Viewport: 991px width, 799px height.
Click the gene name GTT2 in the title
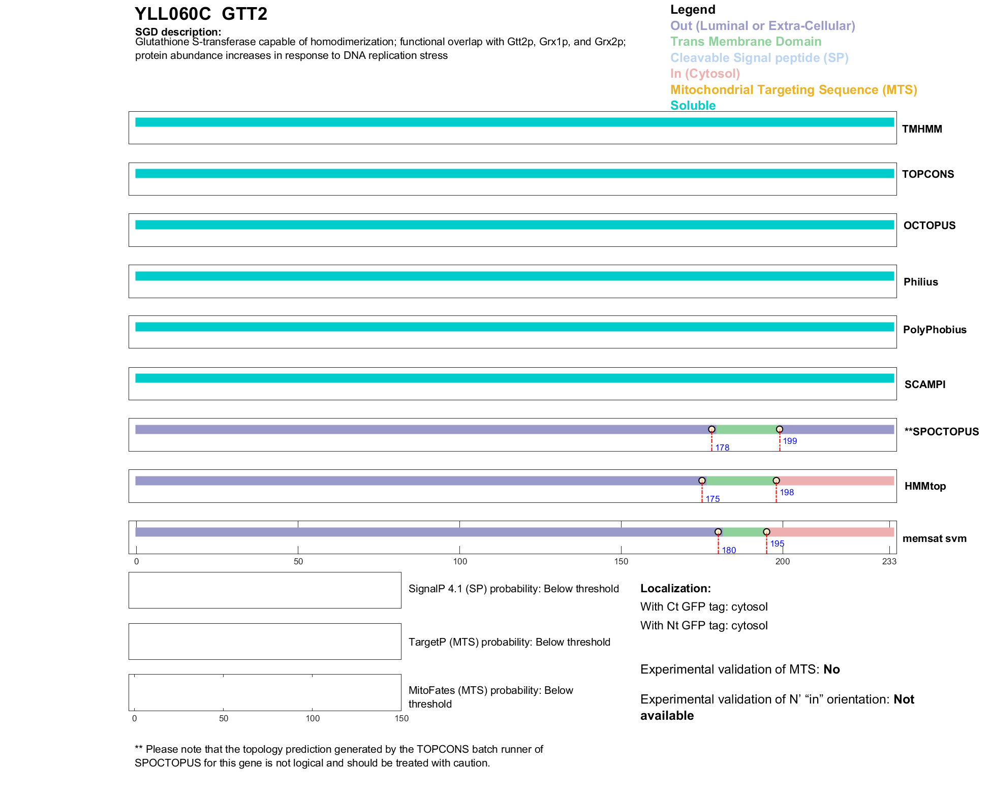244,14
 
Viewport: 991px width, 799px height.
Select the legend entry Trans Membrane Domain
746,42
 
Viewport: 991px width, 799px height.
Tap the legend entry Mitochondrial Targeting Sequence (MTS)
793,90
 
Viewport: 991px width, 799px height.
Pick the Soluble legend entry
693,106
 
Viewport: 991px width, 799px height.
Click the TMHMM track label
922,129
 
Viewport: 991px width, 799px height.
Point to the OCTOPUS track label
929,226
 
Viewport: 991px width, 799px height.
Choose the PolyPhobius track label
934,330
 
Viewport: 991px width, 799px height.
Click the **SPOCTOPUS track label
941,432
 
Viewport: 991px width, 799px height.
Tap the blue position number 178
722,448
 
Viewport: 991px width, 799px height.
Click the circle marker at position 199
780,430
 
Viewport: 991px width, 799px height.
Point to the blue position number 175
713,499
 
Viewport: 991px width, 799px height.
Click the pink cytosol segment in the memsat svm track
830,532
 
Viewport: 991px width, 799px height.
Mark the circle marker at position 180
718,532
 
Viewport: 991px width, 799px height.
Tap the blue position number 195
777,544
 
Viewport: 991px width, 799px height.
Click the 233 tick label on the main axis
889,561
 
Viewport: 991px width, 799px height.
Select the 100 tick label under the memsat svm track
459,561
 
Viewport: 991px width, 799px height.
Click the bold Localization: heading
675,588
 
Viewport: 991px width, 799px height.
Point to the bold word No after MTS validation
831,669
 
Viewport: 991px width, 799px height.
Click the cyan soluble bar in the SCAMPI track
514,378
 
